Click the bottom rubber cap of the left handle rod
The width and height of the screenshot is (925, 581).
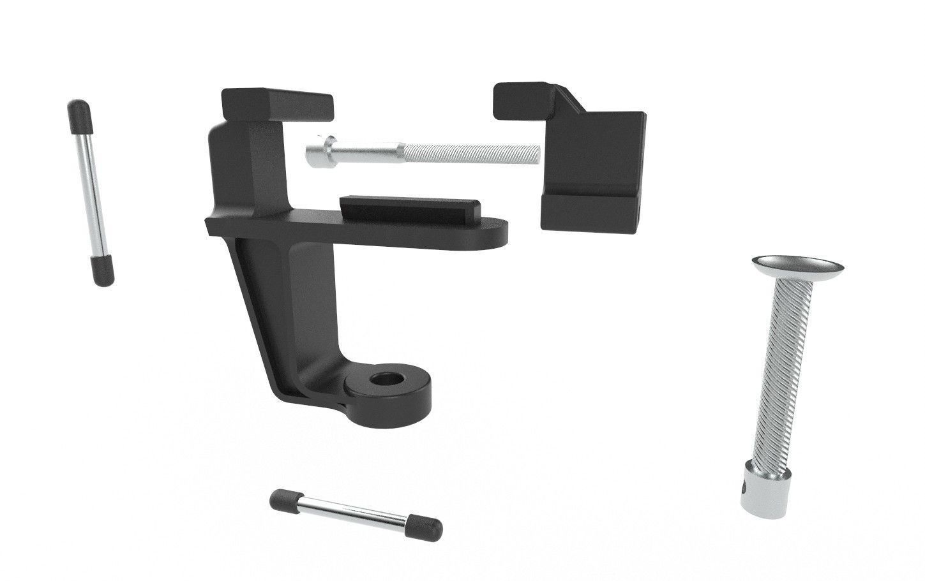[x=102, y=272]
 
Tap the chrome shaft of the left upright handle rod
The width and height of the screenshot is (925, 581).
[x=90, y=191]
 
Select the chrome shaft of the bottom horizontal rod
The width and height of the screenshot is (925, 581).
[x=354, y=513]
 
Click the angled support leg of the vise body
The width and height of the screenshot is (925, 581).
[x=268, y=306]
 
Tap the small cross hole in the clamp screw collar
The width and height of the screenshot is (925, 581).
[x=748, y=490]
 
